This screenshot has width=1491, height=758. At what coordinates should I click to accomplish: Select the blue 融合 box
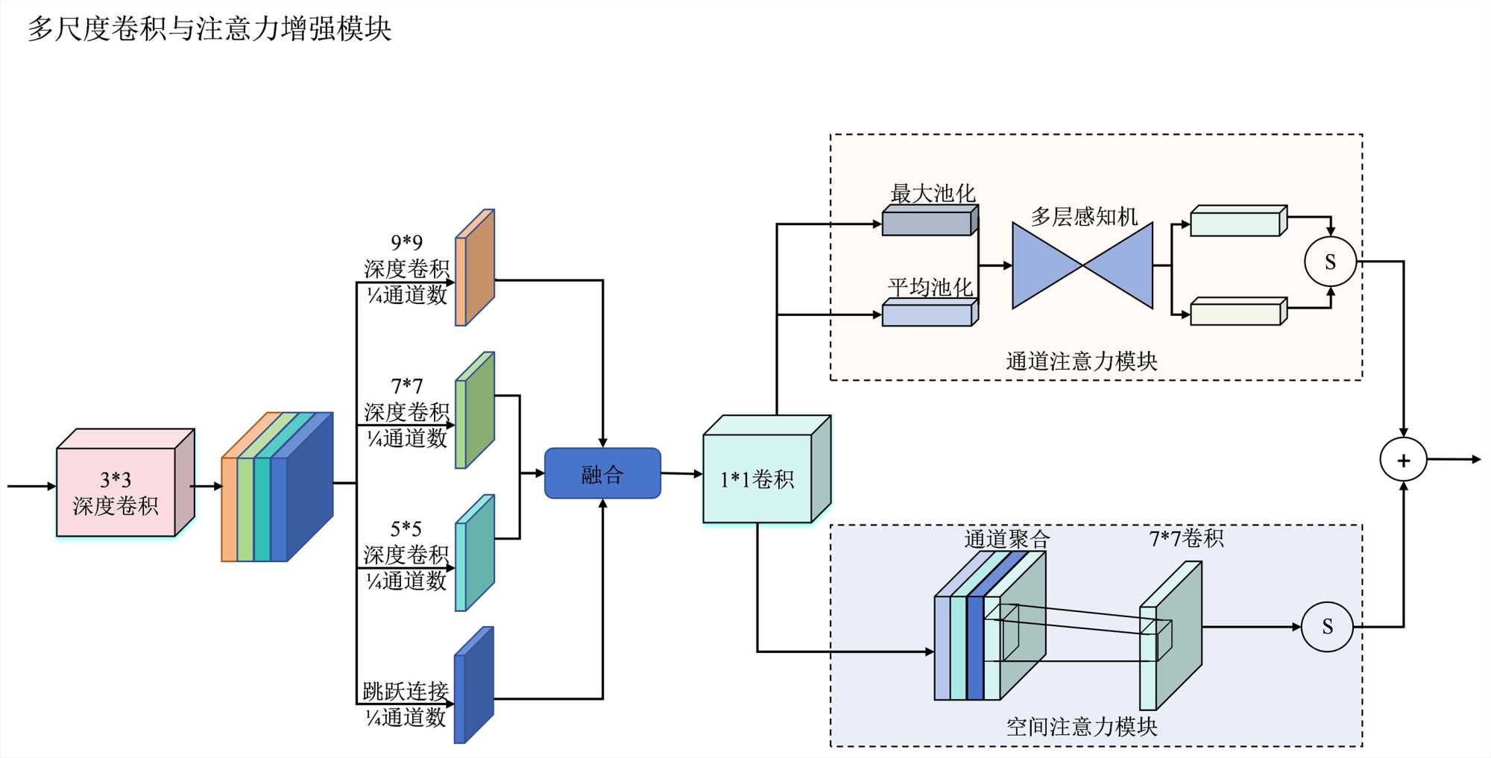pos(602,473)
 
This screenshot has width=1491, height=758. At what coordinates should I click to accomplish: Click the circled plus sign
pos(1403,460)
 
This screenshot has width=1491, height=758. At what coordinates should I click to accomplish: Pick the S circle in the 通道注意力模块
pos(1330,262)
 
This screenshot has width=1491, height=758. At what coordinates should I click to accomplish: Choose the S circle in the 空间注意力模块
pos(1327,627)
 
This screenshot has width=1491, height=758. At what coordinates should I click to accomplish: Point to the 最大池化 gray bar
pos(929,221)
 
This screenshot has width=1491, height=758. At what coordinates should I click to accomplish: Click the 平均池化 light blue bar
pos(929,313)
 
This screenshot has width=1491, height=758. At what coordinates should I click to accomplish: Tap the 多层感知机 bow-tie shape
pos(1082,265)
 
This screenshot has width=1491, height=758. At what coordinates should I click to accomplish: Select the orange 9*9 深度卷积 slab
pos(475,268)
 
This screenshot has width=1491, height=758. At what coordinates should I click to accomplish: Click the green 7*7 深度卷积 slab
pos(475,411)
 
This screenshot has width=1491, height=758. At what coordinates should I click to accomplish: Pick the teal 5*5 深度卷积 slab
pos(475,554)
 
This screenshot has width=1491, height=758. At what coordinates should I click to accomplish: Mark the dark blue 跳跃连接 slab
pos(474,686)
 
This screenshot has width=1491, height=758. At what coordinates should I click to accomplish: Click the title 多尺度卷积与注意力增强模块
pos(209,29)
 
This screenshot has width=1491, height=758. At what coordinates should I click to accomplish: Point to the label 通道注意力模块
pos(1081,361)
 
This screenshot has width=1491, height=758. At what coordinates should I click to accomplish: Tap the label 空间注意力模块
pos(1081,727)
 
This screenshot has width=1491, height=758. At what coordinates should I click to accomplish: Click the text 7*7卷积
pos(1186,538)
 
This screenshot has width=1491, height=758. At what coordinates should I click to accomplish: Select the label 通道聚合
pos(1006,539)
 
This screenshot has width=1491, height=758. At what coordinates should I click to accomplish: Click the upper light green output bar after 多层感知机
pos(1238,222)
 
